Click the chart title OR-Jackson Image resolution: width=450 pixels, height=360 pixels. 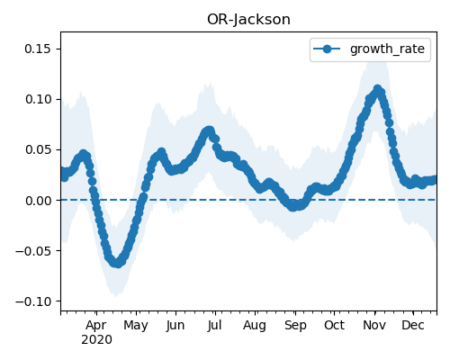pos(248,20)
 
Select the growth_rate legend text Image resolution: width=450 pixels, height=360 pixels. pos(387,49)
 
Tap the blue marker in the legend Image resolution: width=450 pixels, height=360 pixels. pos(327,49)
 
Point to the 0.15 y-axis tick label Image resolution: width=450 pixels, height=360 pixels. pos(38,49)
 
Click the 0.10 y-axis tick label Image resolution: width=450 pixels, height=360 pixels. pos(38,99)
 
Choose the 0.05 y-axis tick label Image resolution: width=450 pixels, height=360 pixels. pos(38,149)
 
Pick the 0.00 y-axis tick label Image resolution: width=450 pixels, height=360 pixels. pos(38,201)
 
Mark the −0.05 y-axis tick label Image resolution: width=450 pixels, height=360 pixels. pos(33,251)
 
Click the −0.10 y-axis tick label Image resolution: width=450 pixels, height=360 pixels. pos(33,301)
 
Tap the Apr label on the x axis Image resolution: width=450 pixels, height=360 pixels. pos(96,326)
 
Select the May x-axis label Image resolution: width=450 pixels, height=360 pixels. pos(136,326)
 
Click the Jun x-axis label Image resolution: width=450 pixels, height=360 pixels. pos(175,326)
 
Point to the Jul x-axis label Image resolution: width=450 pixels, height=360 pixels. pos(214,325)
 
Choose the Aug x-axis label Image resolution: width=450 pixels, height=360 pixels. pos(255,326)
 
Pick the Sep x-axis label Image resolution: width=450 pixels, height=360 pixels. pos(295,326)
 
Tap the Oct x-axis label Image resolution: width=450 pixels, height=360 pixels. pos(335,325)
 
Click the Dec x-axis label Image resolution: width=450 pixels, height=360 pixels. pos(413,325)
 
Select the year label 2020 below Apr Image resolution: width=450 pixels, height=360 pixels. pos(96,340)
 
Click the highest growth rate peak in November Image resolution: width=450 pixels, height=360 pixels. pos(377,89)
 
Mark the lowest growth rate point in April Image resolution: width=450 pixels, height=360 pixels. pos(118,263)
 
